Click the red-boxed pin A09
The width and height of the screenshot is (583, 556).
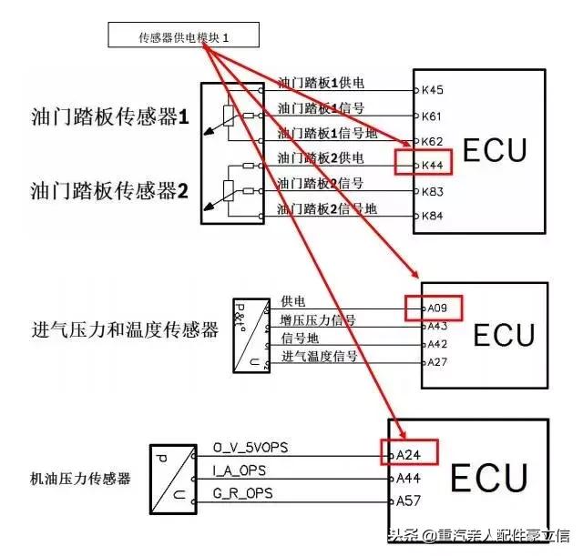click(x=437, y=308)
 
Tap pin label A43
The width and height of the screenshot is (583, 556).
click(x=437, y=326)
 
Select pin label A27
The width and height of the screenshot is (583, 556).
click(x=437, y=362)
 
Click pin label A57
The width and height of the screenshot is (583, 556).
click(x=408, y=500)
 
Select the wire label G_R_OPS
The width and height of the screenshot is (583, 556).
click(x=241, y=493)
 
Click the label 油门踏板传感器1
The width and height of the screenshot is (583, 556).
click(x=109, y=117)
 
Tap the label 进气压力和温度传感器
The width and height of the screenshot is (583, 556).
click(x=125, y=329)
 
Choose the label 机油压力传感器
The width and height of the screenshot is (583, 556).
click(x=81, y=478)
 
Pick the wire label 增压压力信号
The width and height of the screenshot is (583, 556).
click(x=318, y=320)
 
